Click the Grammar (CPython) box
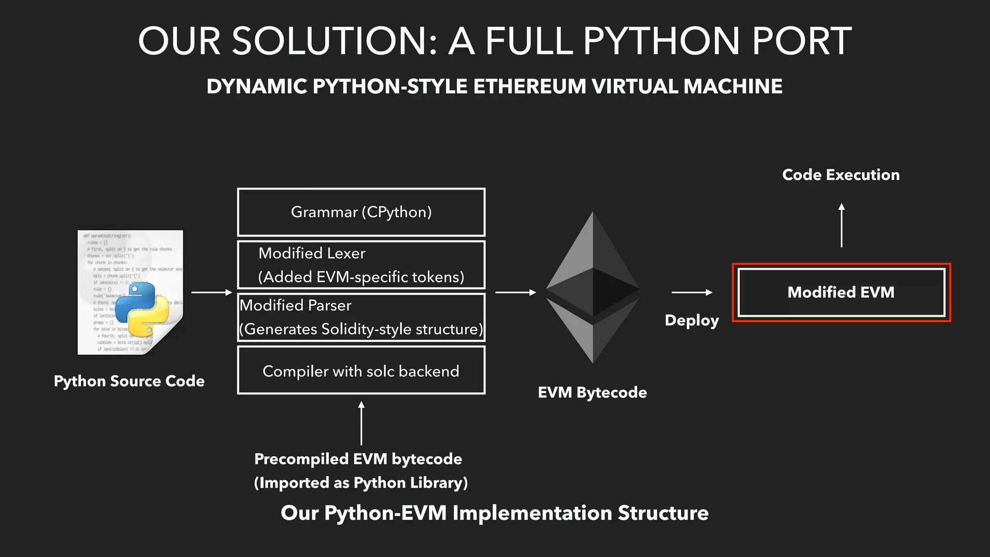tap(361, 212)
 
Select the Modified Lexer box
tap(361, 265)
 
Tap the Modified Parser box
tap(361, 317)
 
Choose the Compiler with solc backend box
tap(361, 370)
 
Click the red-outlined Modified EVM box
tap(841, 292)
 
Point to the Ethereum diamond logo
tap(593, 287)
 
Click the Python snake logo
tap(142, 309)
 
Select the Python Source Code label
tap(129, 381)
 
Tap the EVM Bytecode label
tap(592, 392)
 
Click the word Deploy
tap(692, 321)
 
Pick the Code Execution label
tap(841, 175)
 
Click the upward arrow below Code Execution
tap(842, 225)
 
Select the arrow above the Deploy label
tap(692, 292)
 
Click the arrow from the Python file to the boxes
tap(212, 292)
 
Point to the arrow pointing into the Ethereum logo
tap(515, 292)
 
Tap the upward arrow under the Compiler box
tap(361, 423)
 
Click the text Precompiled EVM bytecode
tap(358, 459)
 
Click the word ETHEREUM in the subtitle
tap(529, 87)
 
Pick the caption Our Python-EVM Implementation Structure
tap(495, 513)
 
